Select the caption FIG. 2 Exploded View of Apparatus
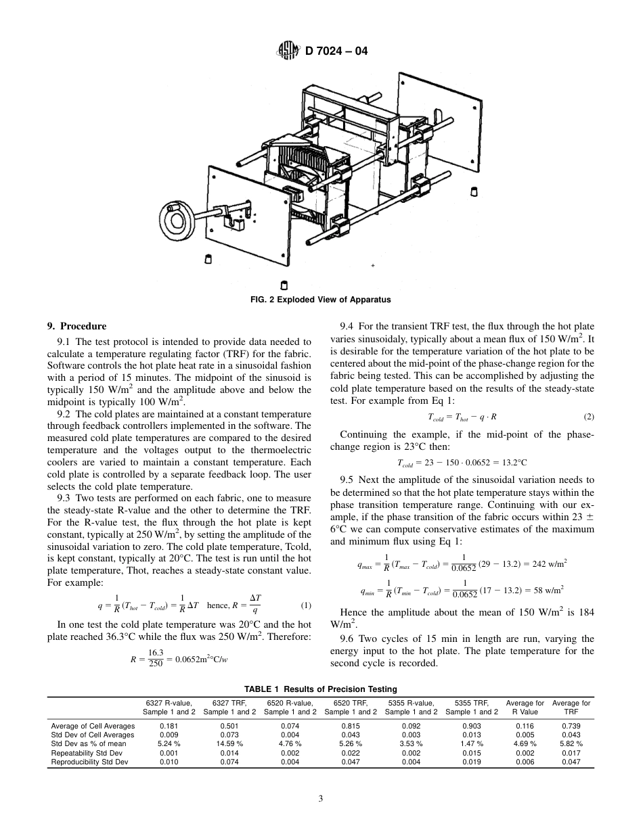[x=321, y=299]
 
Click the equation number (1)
[x=305, y=605]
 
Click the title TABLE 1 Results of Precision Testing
[x=321, y=689]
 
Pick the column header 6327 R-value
[x=169, y=707]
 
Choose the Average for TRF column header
[x=571, y=707]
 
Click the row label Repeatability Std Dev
[x=87, y=752]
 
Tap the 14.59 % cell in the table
[x=229, y=743]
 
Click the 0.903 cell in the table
[x=472, y=726]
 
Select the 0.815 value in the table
[x=351, y=726]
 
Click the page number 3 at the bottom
[x=321, y=798]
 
